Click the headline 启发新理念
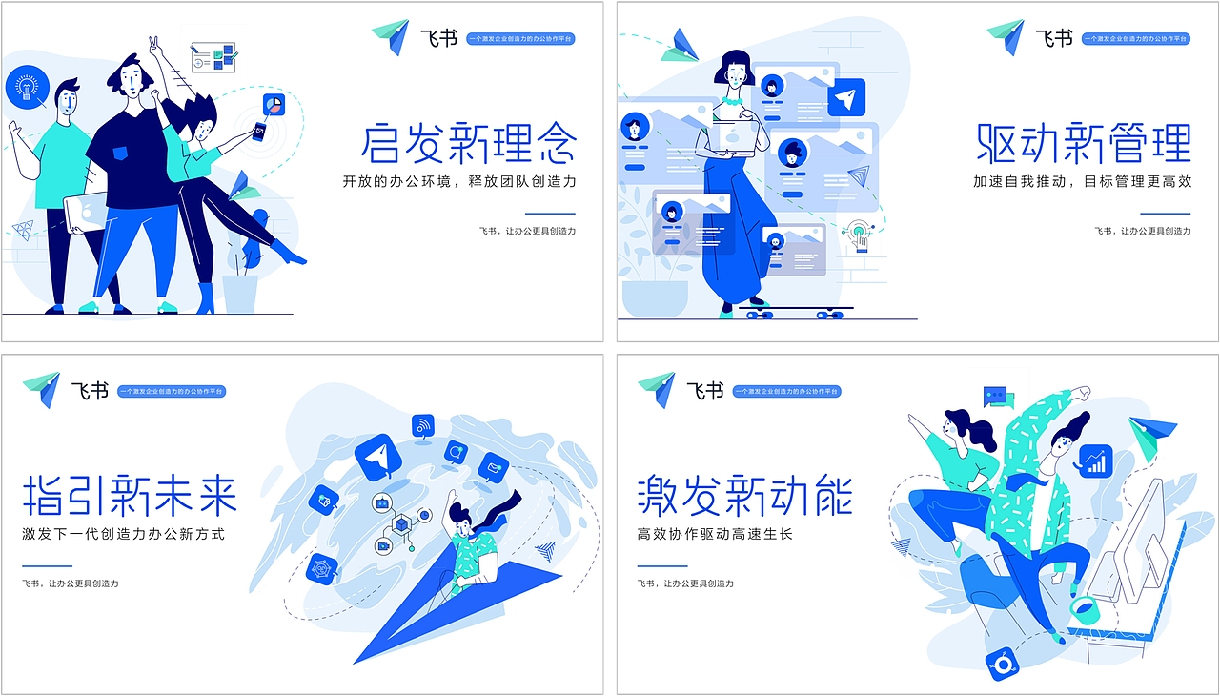[x=468, y=143]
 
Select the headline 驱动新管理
[x=1084, y=143]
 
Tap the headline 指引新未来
[x=130, y=494]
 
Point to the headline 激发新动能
[x=744, y=494]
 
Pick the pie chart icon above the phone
[x=274, y=103]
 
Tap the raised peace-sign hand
[x=154, y=46]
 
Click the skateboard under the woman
[x=794, y=311]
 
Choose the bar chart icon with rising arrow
[x=1095, y=461]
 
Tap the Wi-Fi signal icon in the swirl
[x=423, y=425]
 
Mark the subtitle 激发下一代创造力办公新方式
[x=124, y=534]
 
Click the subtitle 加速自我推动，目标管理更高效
[x=1082, y=181]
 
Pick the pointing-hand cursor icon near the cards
[x=860, y=234]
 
